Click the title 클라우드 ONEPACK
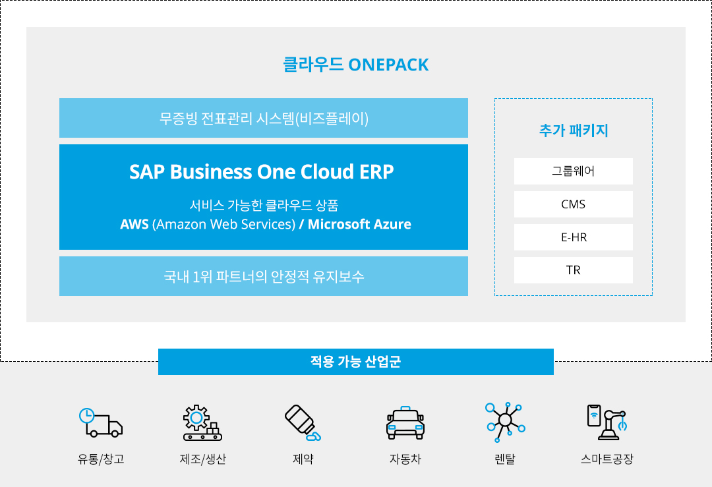[x=355, y=65]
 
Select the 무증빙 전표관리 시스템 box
[x=263, y=118]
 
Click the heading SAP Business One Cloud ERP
[x=262, y=171]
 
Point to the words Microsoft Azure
[x=359, y=224]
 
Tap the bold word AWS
[x=134, y=224]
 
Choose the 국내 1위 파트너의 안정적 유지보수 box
[x=263, y=276]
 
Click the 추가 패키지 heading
[x=574, y=130]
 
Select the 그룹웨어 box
[x=573, y=171]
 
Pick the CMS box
[x=573, y=204]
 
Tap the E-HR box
[x=573, y=237]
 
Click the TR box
[x=573, y=270]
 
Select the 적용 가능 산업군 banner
[x=355, y=362]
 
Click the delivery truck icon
[x=101, y=422]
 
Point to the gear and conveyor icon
[x=202, y=422]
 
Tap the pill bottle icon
[x=303, y=422]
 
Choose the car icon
[x=405, y=423]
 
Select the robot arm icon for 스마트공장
[x=607, y=422]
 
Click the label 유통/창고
[x=101, y=459]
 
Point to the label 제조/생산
[x=202, y=459]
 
